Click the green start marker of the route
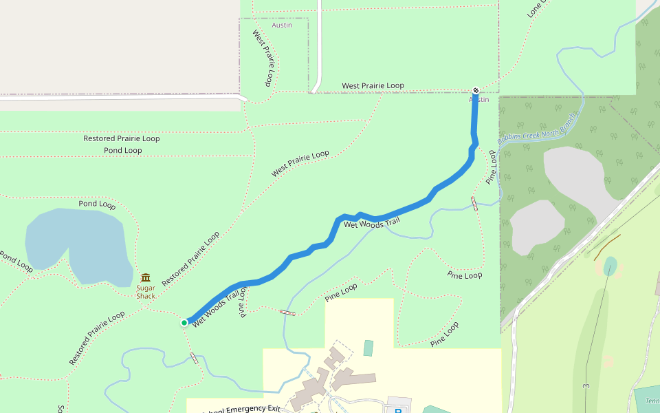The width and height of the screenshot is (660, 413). [x=184, y=322]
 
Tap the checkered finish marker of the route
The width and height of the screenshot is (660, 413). [x=476, y=90]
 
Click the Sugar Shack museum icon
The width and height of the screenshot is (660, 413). [x=145, y=277]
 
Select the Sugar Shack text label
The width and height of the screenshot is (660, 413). [x=146, y=292]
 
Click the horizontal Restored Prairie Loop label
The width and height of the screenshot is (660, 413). [x=122, y=138]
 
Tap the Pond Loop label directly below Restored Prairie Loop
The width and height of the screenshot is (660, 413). [x=123, y=150]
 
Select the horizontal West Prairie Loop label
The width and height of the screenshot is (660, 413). [x=373, y=86]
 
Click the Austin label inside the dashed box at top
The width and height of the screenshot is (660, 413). [x=282, y=25]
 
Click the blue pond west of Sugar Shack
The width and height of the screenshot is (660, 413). [x=76, y=244]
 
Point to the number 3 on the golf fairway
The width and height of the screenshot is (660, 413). [x=586, y=386]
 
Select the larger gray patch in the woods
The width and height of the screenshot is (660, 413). [x=577, y=179]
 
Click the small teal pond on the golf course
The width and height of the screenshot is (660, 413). [x=610, y=266]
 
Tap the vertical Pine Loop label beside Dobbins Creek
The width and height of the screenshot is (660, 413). [x=491, y=168]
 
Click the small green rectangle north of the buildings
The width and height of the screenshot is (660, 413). [x=368, y=348]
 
